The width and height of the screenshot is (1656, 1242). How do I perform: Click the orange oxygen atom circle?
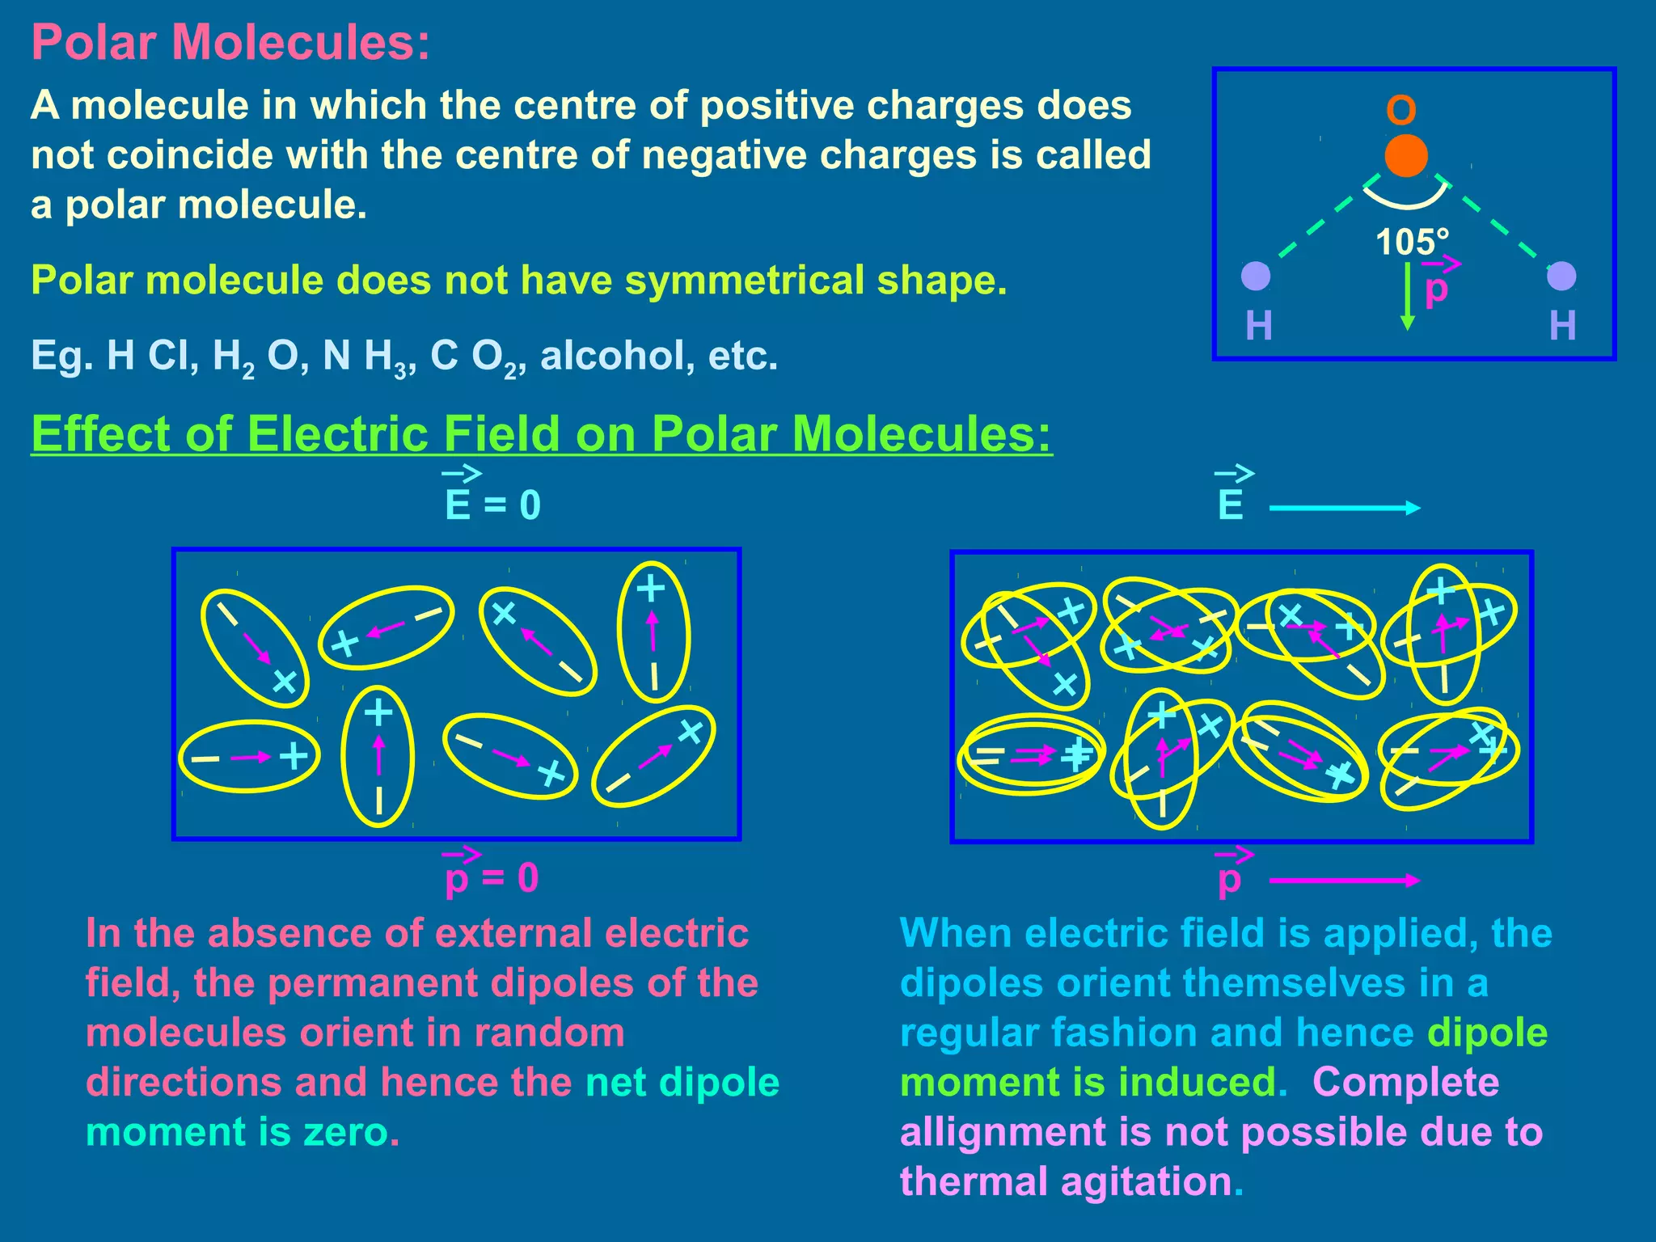pos(1406,156)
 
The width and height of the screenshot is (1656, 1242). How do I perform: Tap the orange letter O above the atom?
pos(1401,111)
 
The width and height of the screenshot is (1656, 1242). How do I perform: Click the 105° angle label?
pos(1412,242)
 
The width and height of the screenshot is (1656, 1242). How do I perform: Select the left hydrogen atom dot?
pos(1256,276)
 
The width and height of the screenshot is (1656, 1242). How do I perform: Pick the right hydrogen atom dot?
pos(1561,276)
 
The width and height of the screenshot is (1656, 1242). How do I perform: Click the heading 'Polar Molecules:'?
pos(230,42)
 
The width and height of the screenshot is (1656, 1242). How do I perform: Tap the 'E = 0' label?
pos(492,505)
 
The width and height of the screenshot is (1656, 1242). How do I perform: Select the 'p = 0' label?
pos(492,877)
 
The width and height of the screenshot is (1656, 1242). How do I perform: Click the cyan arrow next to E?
pos(1345,508)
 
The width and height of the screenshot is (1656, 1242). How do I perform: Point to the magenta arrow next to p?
pos(1345,881)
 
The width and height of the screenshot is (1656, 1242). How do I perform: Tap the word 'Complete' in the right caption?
pos(1405,1083)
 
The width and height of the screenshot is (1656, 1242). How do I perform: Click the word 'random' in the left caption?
pos(549,1033)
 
